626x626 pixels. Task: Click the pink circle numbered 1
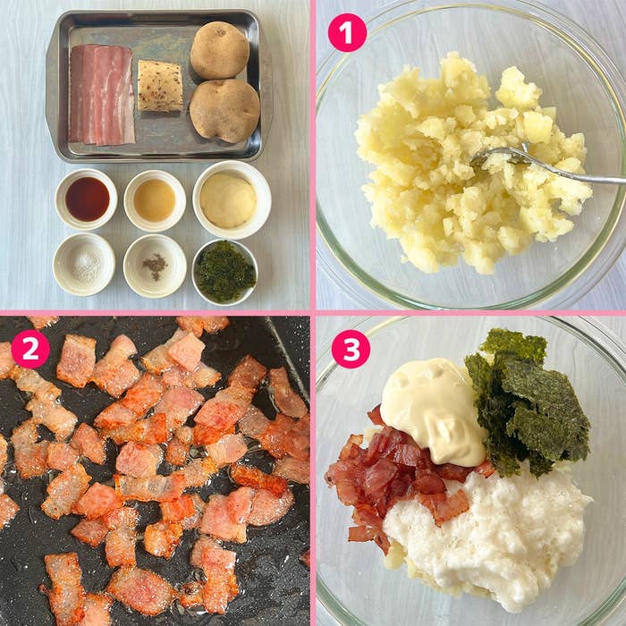pyautogui.click(x=347, y=32)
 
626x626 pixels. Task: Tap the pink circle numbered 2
pyautogui.click(x=30, y=349)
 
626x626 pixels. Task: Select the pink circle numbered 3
pyautogui.click(x=351, y=349)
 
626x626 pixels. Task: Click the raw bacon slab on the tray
pyautogui.click(x=102, y=95)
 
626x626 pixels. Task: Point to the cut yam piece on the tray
pyautogui.click(x=160, y=86)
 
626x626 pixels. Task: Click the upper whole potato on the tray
pyautogui.click(x=220, y=50)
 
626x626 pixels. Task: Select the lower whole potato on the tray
pyautogui.click(x=224, y=111)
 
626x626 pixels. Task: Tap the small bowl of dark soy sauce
pyautogui.click(x=86, y=199)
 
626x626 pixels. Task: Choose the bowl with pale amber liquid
pyautogui.click(x=155, y=200)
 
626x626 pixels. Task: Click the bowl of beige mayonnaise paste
pyautogui.click(x=232, y=199)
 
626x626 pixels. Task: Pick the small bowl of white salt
pyautogui.click(x=84, y=264)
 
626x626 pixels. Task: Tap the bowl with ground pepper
pyautogui.click(x=155, y=266)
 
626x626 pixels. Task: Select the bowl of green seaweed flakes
pyautogui.click(x=224, y=272)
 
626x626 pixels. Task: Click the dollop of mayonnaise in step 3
pyautogui.click(x=433, y=410)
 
